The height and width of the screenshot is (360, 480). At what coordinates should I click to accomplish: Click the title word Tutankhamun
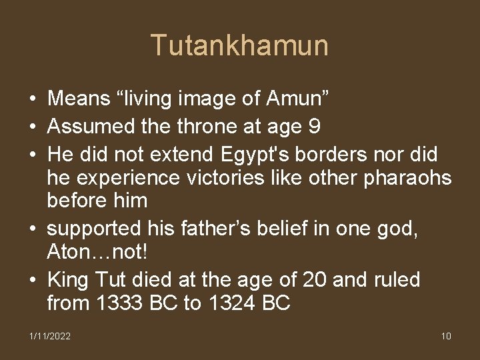pos(239,45)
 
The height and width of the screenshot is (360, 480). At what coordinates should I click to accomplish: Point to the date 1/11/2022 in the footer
pos(49,336)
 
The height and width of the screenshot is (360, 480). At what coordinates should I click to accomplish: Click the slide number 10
pos(446,336)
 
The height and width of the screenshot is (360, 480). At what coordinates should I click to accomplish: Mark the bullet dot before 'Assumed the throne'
pos(32,127)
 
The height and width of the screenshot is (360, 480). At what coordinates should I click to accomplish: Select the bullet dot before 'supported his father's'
pos(32,229)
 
